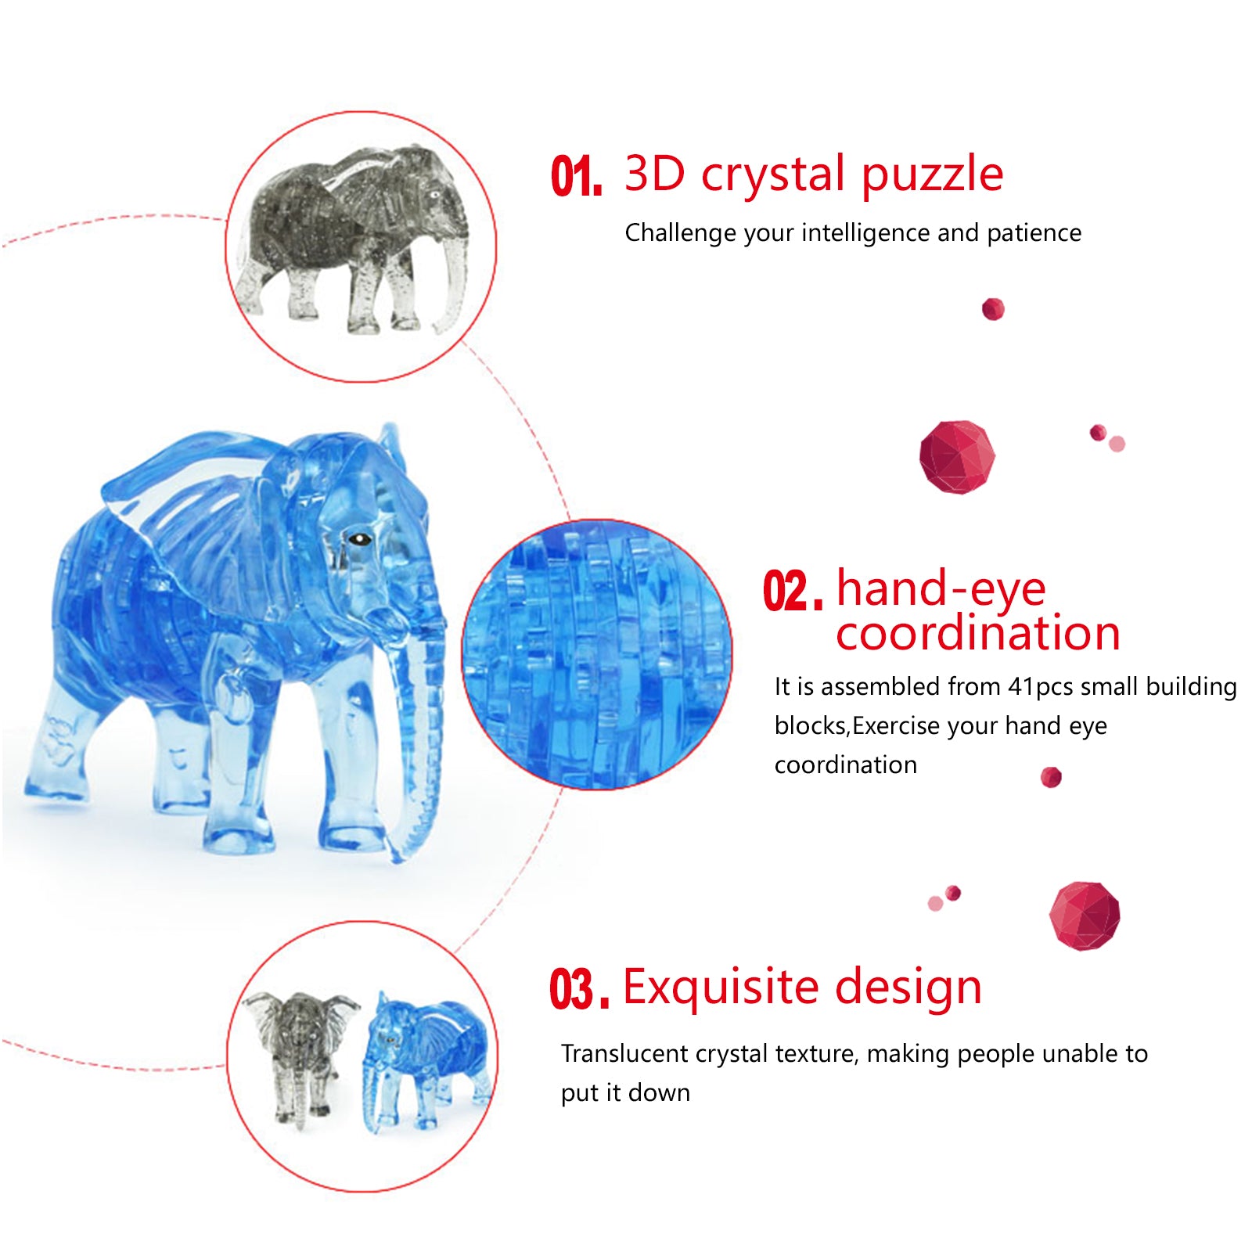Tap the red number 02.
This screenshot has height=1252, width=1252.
(x=793, y=591)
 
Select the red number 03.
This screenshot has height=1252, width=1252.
(x=579, y=989)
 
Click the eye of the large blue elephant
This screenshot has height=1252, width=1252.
(x=360, y=538)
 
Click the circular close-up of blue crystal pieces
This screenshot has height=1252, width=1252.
(x=597, y=654)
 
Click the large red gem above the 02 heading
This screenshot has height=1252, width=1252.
(x=957, y=457)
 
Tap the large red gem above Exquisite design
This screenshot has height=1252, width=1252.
(x=1085, y=916)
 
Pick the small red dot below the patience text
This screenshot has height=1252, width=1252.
(x=993, y=309)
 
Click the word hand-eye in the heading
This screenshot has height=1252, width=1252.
(x=941, y=588)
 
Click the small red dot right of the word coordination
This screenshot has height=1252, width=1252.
(x=1051, y=777)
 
